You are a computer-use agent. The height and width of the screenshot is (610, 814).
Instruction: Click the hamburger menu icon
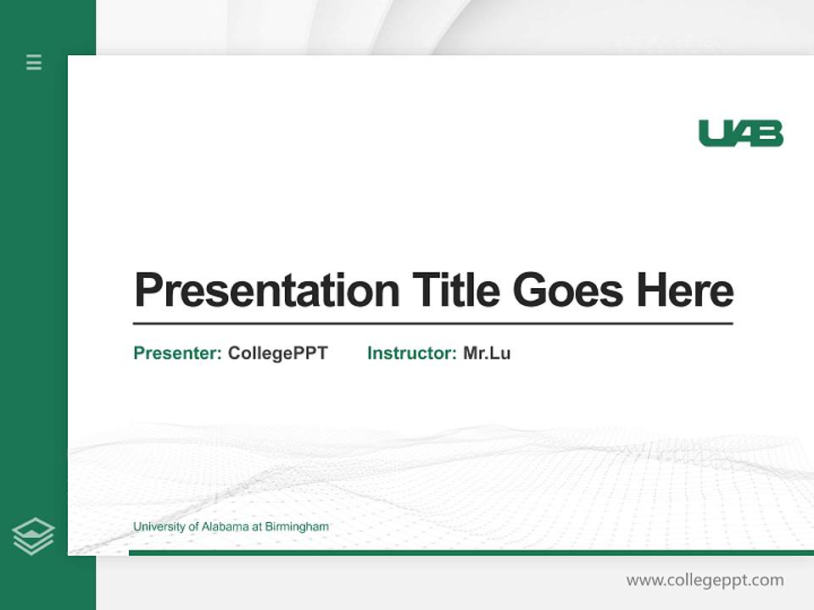coord(34,62)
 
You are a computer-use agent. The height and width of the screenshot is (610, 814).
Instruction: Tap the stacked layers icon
coord(33,536)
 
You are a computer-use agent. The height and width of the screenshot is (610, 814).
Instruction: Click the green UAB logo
coord(740,133)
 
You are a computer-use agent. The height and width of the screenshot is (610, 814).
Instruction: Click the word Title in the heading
coord(455,290)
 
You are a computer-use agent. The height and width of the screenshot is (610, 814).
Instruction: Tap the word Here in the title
coord(684,290)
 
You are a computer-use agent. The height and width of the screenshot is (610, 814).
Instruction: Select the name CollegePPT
coord(277,353)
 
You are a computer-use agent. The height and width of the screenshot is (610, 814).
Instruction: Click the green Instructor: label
coord(412,353)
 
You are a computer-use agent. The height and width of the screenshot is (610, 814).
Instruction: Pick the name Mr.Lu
coord(487,353)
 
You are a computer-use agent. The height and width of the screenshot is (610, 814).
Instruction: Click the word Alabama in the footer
coord(225,527)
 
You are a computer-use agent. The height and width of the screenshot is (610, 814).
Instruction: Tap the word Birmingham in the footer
coord(297,527)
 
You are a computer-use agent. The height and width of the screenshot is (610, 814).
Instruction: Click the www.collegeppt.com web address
coord(705,580)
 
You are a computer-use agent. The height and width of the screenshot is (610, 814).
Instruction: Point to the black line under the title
coord(432,324)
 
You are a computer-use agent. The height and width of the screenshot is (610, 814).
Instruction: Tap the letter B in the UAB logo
coord(770,133)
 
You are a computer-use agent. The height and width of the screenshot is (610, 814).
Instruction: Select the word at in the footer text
coord(257,527)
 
